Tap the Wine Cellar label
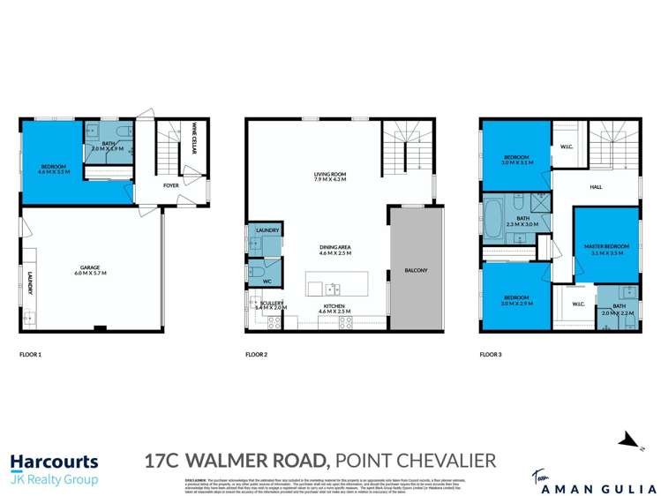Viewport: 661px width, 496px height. (x=192, y=142)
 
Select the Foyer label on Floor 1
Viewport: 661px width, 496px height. (x=170, y=186)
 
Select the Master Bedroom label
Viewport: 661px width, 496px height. (x=605, y=248)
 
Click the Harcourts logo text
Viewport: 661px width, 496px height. (x=53, y=461)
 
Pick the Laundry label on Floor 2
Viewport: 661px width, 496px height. (x=267, y=230)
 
